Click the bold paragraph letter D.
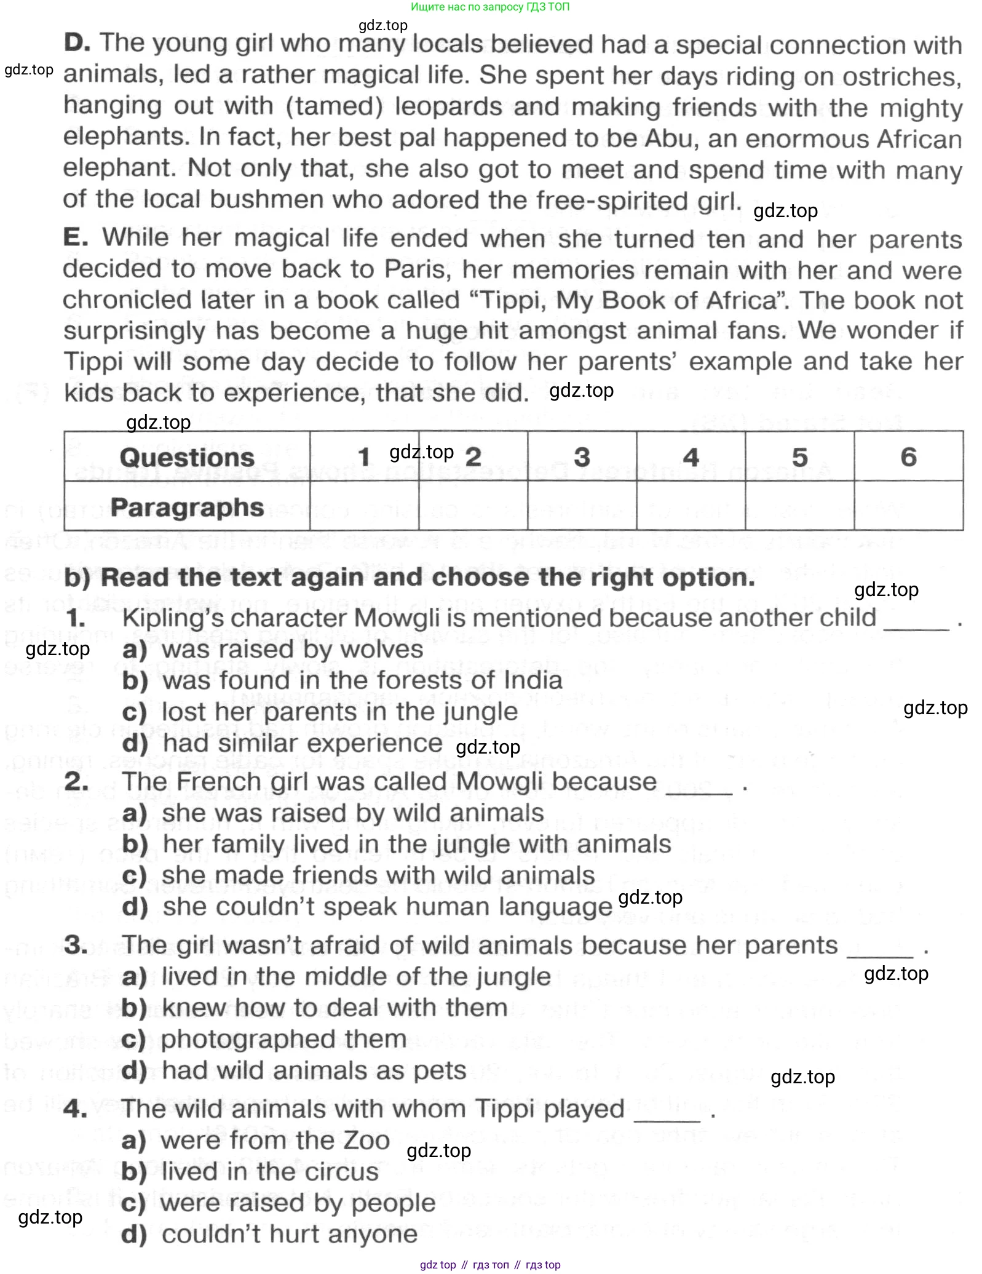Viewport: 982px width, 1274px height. pos(77,42)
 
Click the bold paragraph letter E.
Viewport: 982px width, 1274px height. pos(75,237)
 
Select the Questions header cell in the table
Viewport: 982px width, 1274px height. pos(187,457)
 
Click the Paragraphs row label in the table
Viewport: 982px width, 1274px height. pos(187,507)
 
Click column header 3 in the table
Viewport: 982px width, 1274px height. pos(582,457)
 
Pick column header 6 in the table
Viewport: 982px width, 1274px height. pos(908,457)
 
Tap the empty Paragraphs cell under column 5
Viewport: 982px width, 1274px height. pos(799,506)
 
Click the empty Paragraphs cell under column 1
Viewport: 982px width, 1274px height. pos(364,506)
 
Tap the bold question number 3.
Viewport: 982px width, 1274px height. pos(75,946)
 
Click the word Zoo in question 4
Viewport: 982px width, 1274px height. pos(366,1141)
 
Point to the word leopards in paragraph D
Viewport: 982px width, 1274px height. pos(448,106)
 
